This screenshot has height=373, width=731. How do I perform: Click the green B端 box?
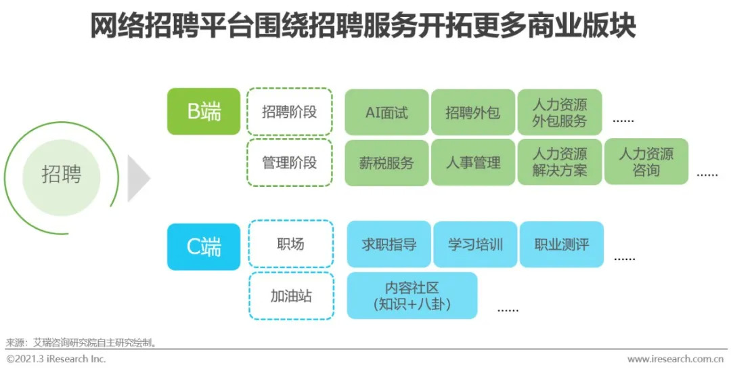tap(204, 112)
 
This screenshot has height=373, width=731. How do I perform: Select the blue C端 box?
tap(204, 247)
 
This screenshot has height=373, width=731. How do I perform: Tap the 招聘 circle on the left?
tap(61, 174)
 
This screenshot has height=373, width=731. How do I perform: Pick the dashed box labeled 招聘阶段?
tap(289, 112)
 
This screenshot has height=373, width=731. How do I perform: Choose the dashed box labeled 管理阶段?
tap(289, 162)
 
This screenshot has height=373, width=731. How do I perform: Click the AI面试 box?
tap(386, 112)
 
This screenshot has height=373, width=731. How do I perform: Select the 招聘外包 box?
tap(472, 112)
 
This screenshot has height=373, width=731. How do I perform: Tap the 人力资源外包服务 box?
tap(559, 112)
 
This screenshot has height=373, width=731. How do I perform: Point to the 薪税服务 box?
tap(386, 162)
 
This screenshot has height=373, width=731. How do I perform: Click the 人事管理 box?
tap(472, 162)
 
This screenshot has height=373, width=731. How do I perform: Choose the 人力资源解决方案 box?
tap(559, 162)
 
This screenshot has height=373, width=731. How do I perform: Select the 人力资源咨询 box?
tap(646, 162)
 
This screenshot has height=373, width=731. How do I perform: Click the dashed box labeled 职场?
tap(290, 244)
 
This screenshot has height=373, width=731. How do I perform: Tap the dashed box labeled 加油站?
tap(290, 296)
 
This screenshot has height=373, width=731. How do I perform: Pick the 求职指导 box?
tap(389, 244)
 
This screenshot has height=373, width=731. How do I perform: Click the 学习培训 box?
tap(475, 244)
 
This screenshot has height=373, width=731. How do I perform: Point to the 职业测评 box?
tap(561, 244)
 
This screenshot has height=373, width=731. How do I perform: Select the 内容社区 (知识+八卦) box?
tap(412, 296)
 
